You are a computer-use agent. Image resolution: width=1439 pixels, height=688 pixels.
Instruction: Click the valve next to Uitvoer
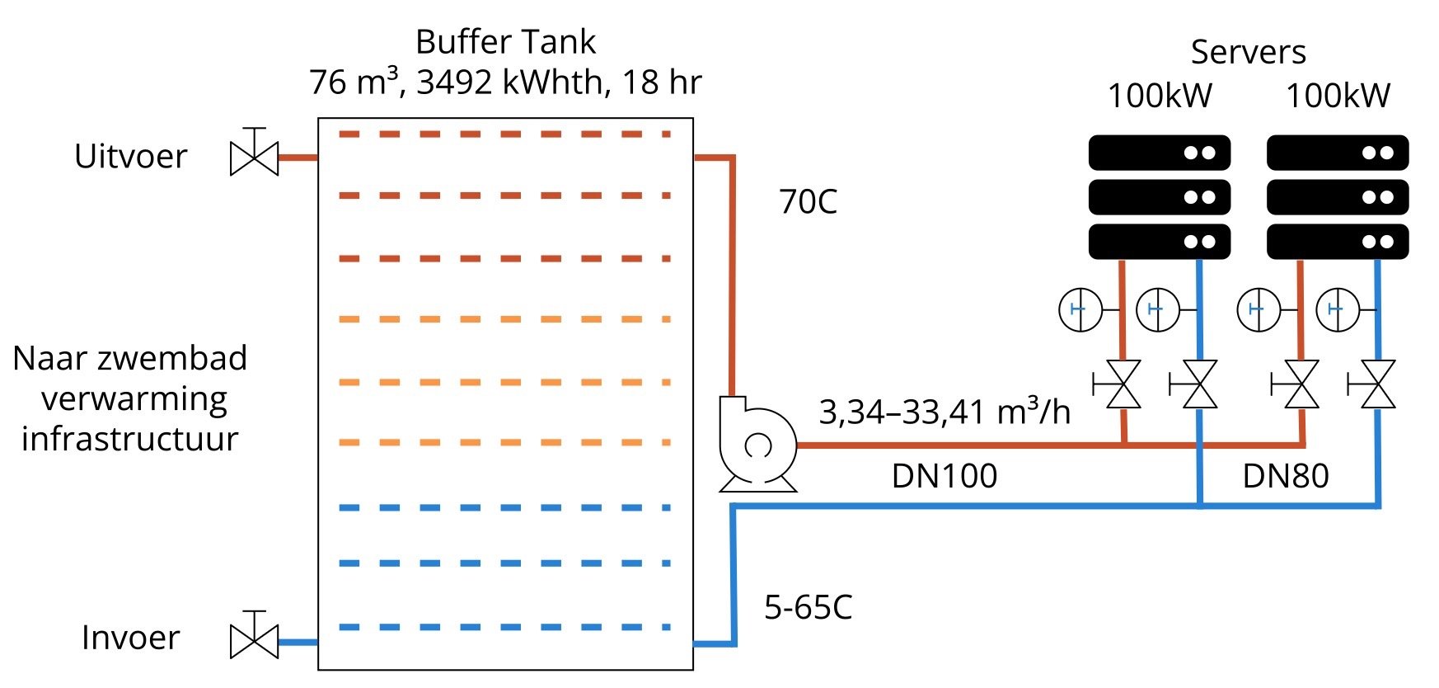pos(254,156)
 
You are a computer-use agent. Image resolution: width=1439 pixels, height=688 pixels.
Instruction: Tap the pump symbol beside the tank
pos(757,445)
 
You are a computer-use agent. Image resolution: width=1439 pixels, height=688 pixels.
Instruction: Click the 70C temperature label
pos(808,202)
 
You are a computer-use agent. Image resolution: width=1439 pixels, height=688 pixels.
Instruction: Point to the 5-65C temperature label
pos(808,608)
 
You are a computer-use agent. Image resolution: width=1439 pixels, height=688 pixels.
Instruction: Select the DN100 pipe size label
pos(944,476)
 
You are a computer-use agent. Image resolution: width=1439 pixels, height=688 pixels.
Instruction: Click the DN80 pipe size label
pos(1286,476)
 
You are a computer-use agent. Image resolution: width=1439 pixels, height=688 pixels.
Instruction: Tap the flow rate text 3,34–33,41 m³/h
pos(944,412)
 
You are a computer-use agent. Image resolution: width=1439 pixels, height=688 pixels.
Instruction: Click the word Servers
pos(1248,52)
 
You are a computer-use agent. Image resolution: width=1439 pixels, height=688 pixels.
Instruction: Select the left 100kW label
pos(1160,97)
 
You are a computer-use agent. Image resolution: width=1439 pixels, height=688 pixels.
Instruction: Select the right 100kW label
pos(1338,97)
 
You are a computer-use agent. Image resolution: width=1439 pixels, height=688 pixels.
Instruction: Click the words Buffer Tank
pos(505,42)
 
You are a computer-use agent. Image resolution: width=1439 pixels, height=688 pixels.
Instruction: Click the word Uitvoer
pos(131,157)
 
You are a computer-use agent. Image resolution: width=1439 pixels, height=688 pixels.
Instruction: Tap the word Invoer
pos(131,638)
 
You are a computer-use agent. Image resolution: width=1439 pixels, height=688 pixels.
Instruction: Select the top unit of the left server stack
pos(1159,153)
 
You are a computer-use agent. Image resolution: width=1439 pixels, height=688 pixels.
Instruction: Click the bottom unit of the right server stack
pos(1337,242)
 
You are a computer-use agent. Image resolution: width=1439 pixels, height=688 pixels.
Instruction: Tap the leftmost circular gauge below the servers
pos(1080,310)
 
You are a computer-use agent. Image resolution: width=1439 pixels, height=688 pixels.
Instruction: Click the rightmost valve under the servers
pos(1377,384)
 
